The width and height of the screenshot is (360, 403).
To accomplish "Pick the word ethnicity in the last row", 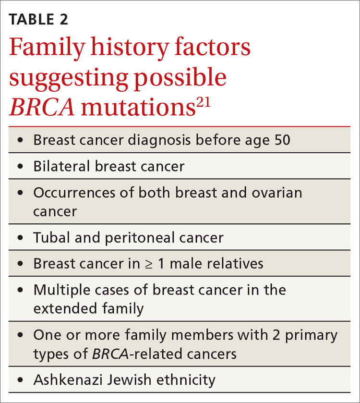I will (185, 379).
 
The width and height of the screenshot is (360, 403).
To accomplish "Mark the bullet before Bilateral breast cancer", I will (20, 167).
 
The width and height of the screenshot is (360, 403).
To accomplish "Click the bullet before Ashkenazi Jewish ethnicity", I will (20, 380).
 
